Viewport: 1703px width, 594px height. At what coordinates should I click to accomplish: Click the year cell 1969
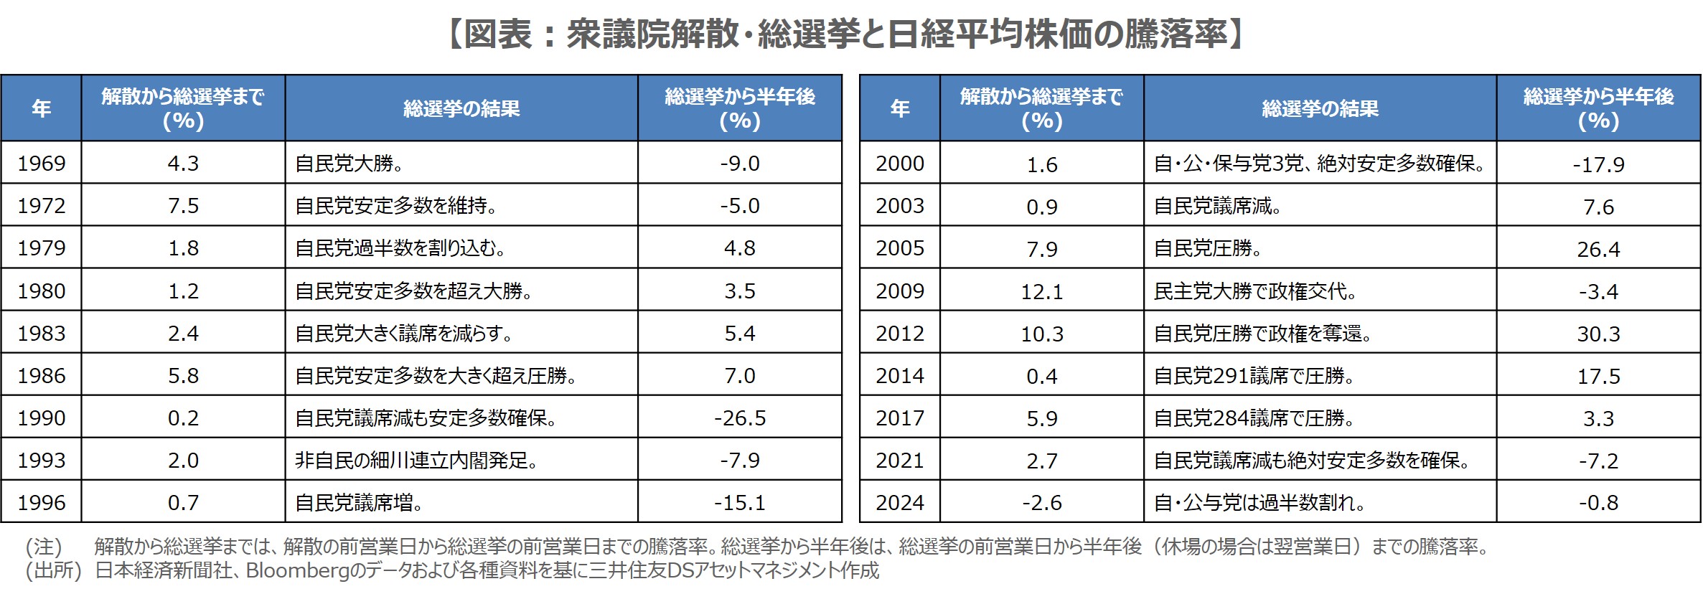[x=42, y=164]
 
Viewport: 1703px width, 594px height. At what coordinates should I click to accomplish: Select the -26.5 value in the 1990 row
[x=740, y=418]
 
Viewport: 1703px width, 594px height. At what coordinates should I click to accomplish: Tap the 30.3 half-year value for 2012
[x=1598, y=334]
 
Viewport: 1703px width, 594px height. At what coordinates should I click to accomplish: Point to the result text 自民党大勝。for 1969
[x=349, y=164]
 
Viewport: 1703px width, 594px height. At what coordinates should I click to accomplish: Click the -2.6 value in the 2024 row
[x=1042, y=503]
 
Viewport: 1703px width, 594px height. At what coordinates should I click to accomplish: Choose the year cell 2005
[x=900, y=248]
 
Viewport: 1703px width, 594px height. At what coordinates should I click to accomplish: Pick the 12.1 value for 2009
[x=1042, y=292]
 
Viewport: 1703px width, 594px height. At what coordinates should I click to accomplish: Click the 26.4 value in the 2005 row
[x=1598, y=250]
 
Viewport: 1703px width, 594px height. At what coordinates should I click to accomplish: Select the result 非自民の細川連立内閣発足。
[x=417, y=461]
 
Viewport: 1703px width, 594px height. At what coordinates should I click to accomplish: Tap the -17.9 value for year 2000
[x=1598, y=165]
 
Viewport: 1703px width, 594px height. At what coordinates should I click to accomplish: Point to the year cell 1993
[x=42, y=461]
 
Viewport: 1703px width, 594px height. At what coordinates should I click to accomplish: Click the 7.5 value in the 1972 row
[x=183, y=206]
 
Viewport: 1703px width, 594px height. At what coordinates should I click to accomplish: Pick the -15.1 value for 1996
[x=740, y=503]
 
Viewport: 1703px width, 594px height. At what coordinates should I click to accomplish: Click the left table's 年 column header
[x=42, y=108]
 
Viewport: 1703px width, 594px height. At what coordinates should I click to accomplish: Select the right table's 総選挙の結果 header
[x=1320, y=108]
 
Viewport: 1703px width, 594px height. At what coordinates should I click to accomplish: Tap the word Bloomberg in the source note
[x=298, y=570]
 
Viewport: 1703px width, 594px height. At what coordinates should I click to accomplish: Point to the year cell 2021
[x=900, y=461]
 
